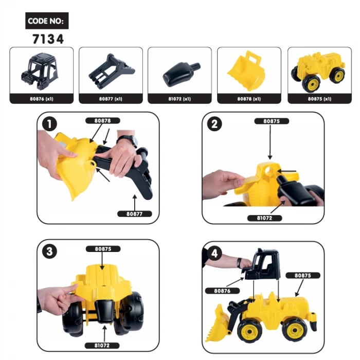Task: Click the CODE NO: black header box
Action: click(x=47, y=21)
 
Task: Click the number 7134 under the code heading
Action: click(x=47, y=39)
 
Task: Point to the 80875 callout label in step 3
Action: click(x=107, y=248)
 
